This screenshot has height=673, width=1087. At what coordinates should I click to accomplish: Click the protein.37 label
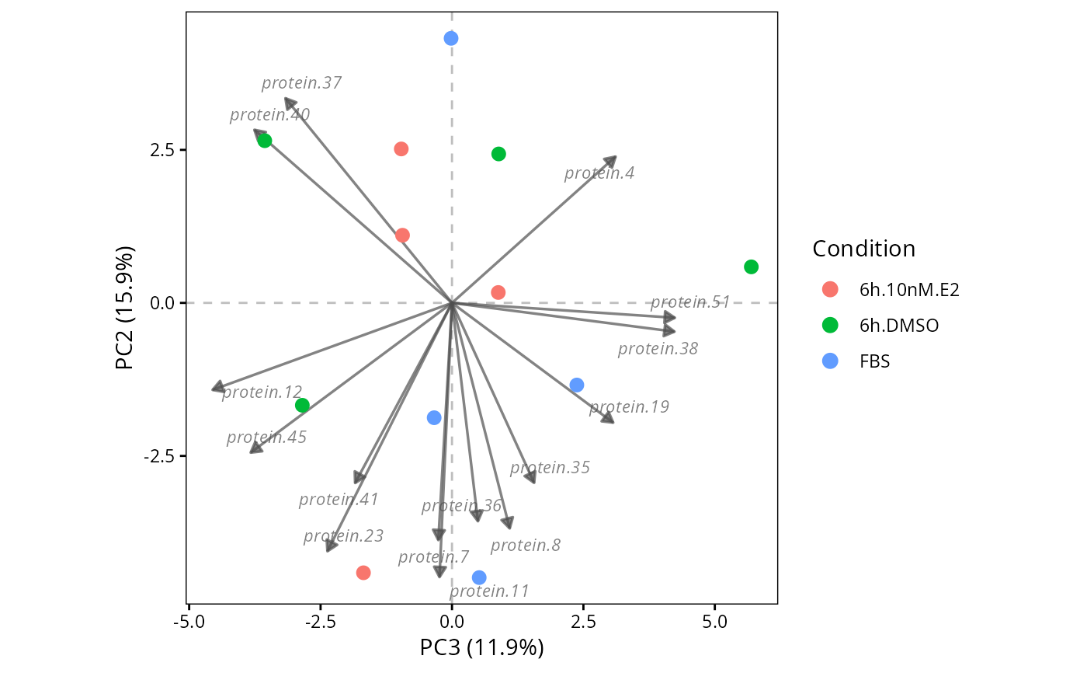[x=301, y=83]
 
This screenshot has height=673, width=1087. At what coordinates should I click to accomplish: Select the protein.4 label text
[x=599, y=173]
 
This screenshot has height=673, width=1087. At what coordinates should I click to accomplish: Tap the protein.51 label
[x=690, y=302]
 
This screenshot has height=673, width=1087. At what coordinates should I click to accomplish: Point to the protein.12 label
[x=262, y=392]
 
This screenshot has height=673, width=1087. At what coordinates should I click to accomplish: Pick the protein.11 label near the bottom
[x=489, y=591]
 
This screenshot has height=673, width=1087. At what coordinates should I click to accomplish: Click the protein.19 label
[x=630, y=407]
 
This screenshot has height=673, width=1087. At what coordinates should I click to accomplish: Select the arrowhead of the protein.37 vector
[x=290, y=103]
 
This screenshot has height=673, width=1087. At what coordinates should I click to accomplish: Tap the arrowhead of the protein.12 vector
[x=218, y=388]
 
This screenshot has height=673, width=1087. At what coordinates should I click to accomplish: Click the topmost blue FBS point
[x=451, y=38]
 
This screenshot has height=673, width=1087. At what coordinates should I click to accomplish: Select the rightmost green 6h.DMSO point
[x=751, y=267]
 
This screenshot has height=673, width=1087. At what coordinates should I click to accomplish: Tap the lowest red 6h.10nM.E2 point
[x=363, y=573]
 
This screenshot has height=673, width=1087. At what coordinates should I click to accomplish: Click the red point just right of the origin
[x=498, y=292]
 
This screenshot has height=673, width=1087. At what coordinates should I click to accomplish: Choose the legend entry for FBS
[x=856, y=361]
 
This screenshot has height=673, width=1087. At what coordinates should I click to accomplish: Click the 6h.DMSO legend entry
[x=880, y=326]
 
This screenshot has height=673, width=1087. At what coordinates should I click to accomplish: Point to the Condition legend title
[x=863, y=249]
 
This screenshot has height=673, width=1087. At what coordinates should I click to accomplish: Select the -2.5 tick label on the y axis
[x=158, y=456]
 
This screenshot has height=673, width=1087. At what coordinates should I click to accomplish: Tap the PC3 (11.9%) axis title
[x=481, y=648]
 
